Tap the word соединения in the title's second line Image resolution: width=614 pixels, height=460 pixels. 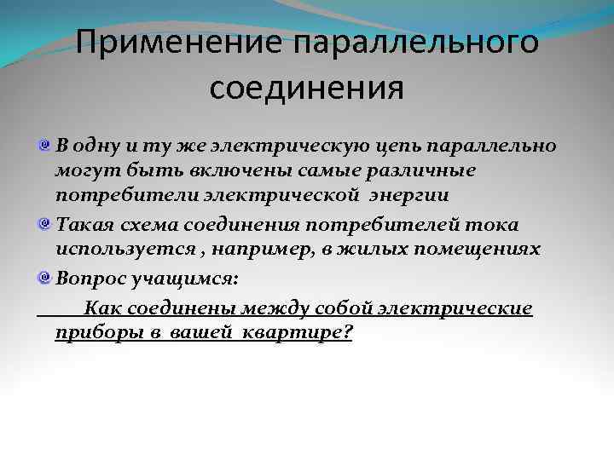coord(306,87)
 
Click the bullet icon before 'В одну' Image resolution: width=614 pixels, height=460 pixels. coord(44,145)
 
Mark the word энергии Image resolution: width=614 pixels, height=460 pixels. coord(413,197)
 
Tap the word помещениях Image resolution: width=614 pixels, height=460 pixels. coord(472,250)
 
